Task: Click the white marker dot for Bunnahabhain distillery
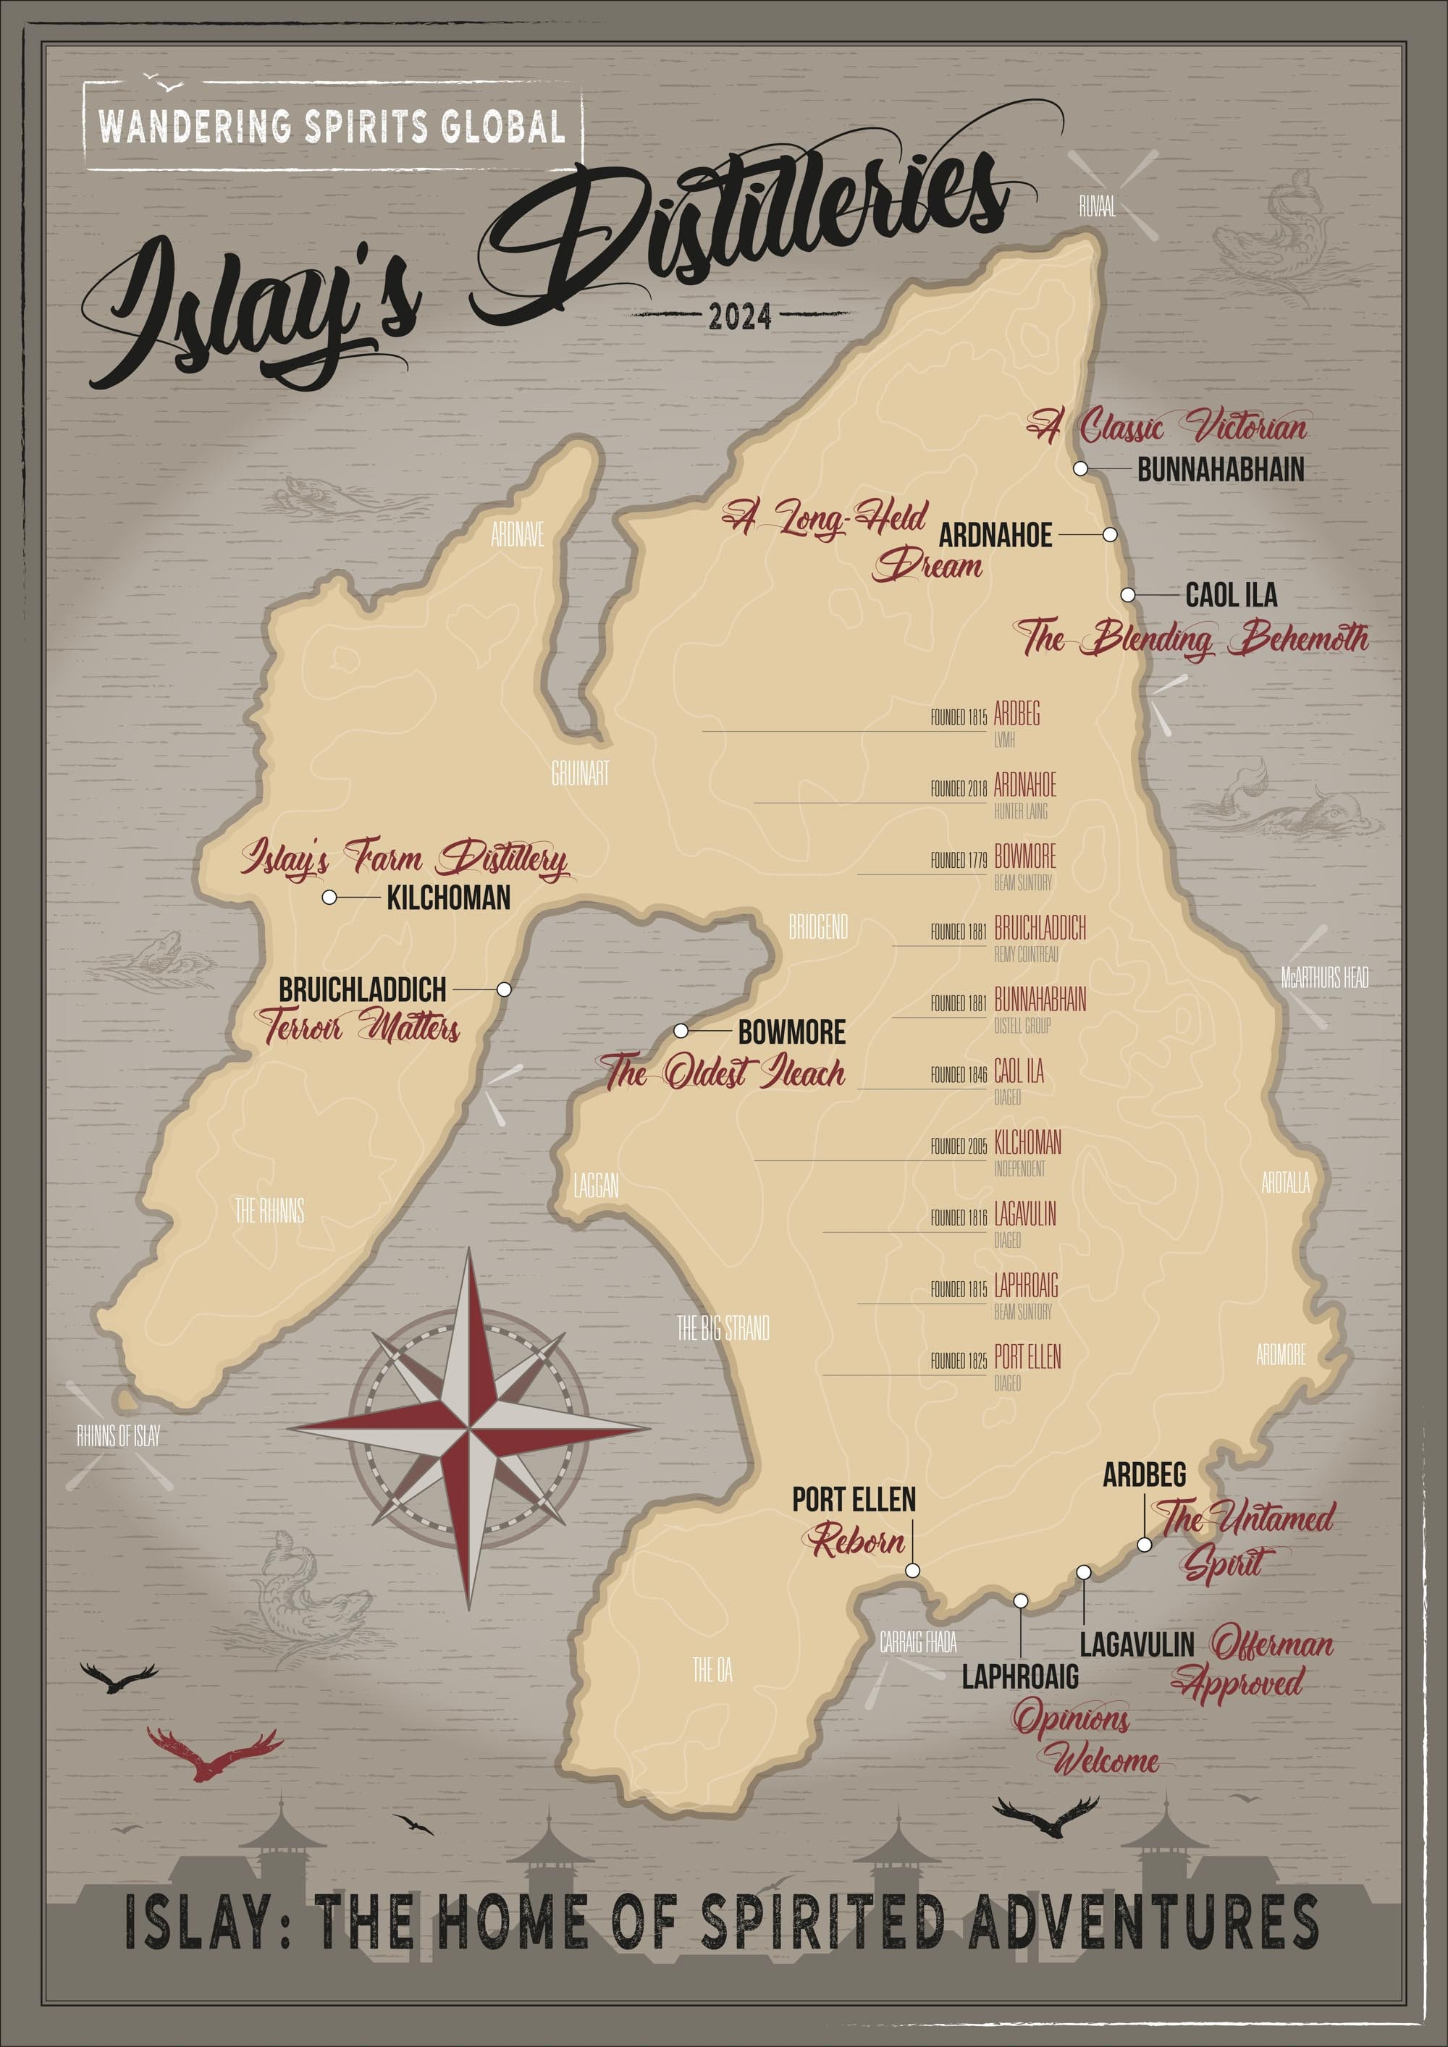(1079, 468)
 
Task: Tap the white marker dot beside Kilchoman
(329, 898)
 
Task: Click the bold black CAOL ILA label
(1231, 595)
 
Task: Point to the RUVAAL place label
(1097, 208)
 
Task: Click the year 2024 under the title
(739, 316)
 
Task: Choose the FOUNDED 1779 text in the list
(959, 861)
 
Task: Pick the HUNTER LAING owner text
(1021, 811)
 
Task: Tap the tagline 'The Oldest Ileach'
(724, 1073)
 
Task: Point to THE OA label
(712, 1670)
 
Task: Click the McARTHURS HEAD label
(1324, 978)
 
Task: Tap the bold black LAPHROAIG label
(1019, 1677)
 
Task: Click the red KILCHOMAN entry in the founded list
(1027, 1142)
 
